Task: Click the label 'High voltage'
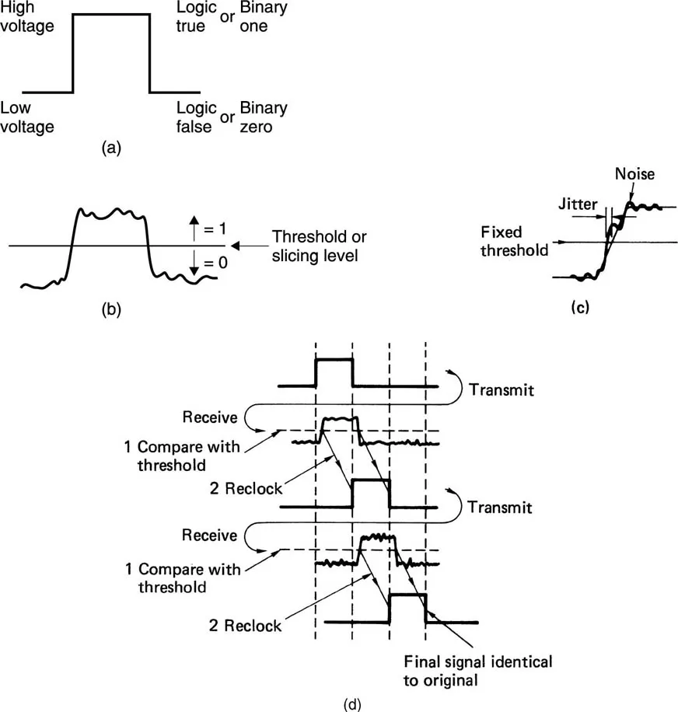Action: pos(28,17)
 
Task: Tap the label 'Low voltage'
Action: pos(28,117)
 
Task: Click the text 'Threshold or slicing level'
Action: pos(318,246)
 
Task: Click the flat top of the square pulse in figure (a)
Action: pos(110,14)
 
